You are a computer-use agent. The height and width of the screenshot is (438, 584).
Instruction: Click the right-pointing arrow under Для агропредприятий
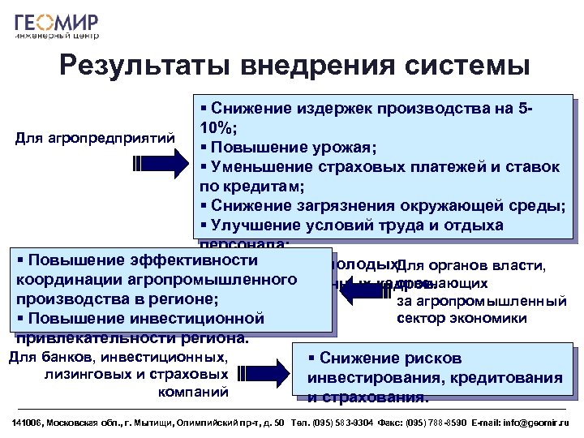(x=157, y=163)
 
